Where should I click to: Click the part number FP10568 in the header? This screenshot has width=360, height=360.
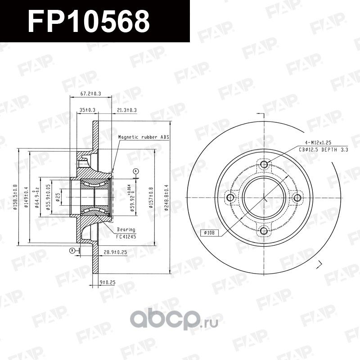(89, 21)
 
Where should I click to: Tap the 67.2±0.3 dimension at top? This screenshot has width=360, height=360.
(90, 94)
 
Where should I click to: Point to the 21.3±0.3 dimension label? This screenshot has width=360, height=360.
(126, 110)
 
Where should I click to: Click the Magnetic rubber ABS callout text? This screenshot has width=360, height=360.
(144, 136)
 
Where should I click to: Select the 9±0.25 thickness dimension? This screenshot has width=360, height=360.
(108, 282)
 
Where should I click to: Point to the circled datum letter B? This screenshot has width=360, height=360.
(71, 251)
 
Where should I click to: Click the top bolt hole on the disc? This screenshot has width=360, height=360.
(264, 165)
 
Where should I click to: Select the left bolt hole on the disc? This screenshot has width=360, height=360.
(231, 198)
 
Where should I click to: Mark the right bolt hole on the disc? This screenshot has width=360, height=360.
(297, 198)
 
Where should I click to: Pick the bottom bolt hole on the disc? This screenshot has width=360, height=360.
(264, 231)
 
